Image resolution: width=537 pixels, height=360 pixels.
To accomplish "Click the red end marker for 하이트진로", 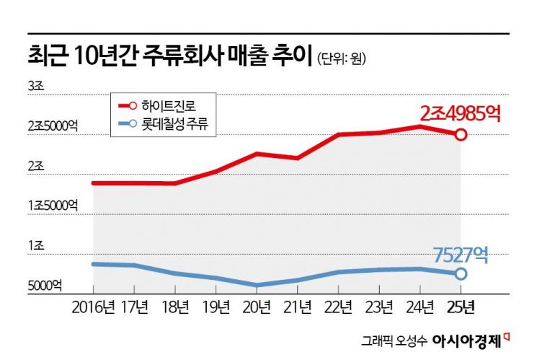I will pyautogui.click(x=461, y=134).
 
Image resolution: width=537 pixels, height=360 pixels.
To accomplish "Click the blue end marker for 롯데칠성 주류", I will pyautogui.click(x=461, y=273).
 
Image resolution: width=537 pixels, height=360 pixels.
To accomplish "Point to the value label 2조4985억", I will pyautogui.click(x=459, y=113).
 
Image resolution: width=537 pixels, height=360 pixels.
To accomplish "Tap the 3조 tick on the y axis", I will pyautogui.click(x=36, y=86).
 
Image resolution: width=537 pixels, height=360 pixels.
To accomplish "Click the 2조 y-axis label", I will pyautogui.click(x=36, y=166).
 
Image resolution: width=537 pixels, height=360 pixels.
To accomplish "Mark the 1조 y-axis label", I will pyautogui.click(x=36, y=246).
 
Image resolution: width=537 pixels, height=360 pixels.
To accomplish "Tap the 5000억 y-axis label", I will pyautogui.click(x=45, y=286).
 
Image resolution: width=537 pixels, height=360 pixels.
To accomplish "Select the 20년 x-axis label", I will pyautogui.click(x=256, y=308).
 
